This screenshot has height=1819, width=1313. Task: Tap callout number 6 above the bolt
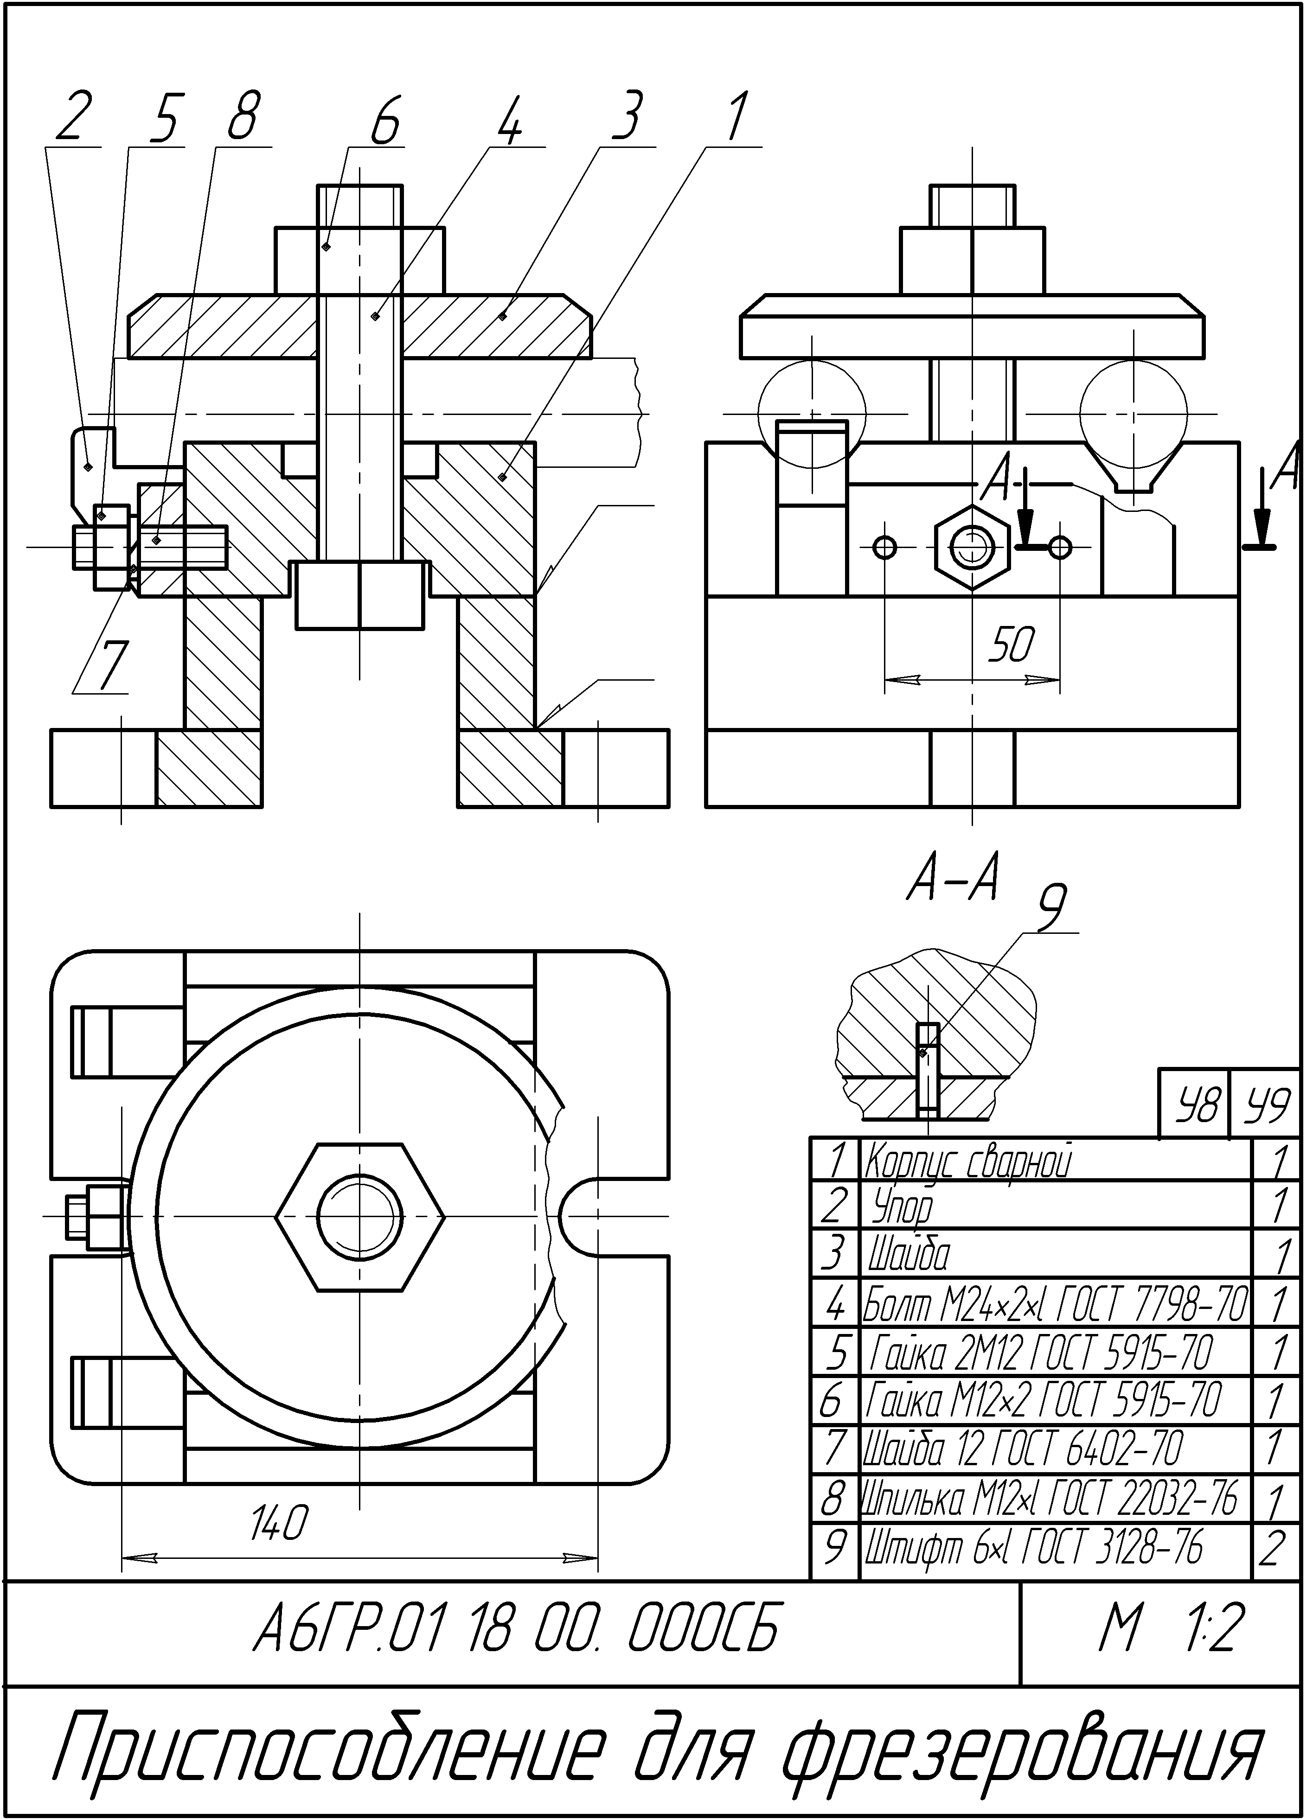384,120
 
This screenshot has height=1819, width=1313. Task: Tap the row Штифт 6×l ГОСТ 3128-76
1035,1548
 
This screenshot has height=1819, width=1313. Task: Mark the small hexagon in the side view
972,547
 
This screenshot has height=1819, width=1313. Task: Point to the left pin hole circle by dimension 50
885,547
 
